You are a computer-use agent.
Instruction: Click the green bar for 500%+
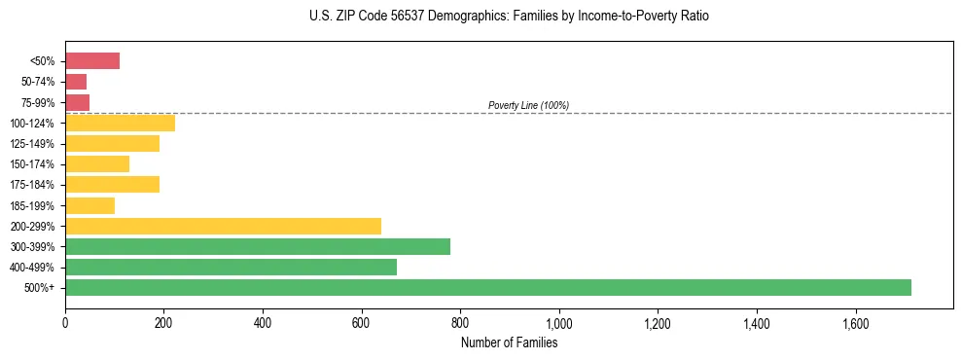point(487,287)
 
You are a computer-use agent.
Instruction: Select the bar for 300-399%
point(258,246)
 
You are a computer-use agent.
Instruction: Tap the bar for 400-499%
point(231,267)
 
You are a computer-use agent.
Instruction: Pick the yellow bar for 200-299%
point(223,226)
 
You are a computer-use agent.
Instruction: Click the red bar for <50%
point(92,61)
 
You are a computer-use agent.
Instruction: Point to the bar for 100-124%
point(120,124)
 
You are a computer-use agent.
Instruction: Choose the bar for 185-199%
point(89,205)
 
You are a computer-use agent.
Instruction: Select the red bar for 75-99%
point(77,102)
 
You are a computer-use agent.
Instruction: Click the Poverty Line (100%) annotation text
point(528,105)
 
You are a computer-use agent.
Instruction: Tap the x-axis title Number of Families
point(509,342)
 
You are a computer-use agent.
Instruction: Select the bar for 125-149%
point(112,144)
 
